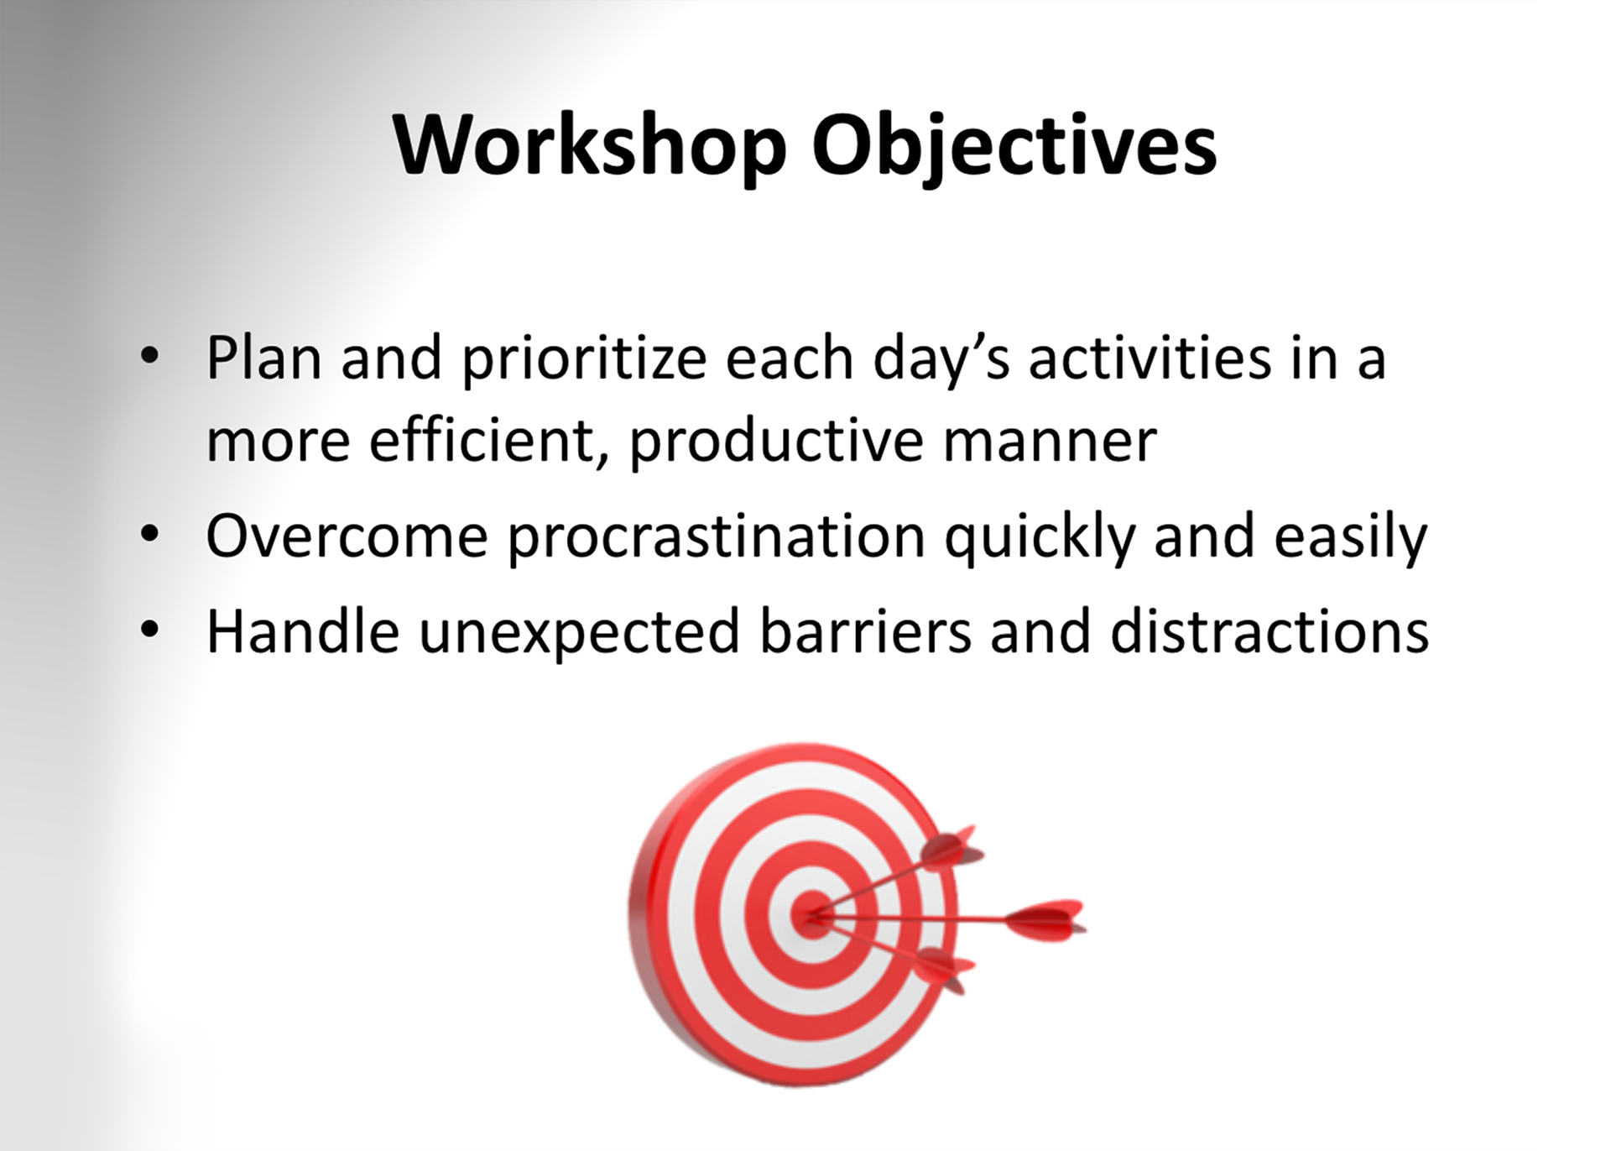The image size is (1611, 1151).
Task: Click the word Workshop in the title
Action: (x=590, y=146)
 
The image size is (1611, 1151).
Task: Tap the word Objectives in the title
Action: (x=1014, y=146)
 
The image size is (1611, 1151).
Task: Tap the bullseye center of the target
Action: (x=811, y=914)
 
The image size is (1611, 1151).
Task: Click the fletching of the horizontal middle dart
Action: (x=1045, y=919)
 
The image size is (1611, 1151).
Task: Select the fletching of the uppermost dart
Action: (x=952, y=848)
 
